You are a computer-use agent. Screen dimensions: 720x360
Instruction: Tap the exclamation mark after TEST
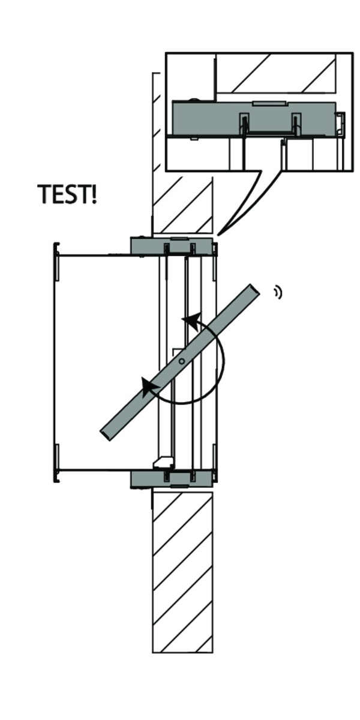pyautogui.click(x=93, y=194)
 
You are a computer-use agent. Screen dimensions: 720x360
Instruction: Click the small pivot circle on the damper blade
pyautogui.click(x=181, y=361)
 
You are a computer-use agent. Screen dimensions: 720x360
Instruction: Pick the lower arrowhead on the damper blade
pyautogui.click(x=148, y=387)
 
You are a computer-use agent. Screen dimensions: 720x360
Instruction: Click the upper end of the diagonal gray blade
pyautogui.click(x=254, y=292)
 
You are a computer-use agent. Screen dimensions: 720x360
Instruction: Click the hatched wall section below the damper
pyautogui.click(x=182, y=570)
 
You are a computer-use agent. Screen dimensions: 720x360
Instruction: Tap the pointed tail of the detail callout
pyautogui.click(x=220, y=233)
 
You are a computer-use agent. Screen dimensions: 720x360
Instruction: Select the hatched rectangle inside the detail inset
pyautogui.click(x=275, y=73)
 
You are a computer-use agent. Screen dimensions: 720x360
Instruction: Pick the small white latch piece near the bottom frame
pyautogui.click(x=163, y=461)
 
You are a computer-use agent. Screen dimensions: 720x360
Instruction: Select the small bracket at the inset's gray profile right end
pyautogui.click(x=340, y=124)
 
